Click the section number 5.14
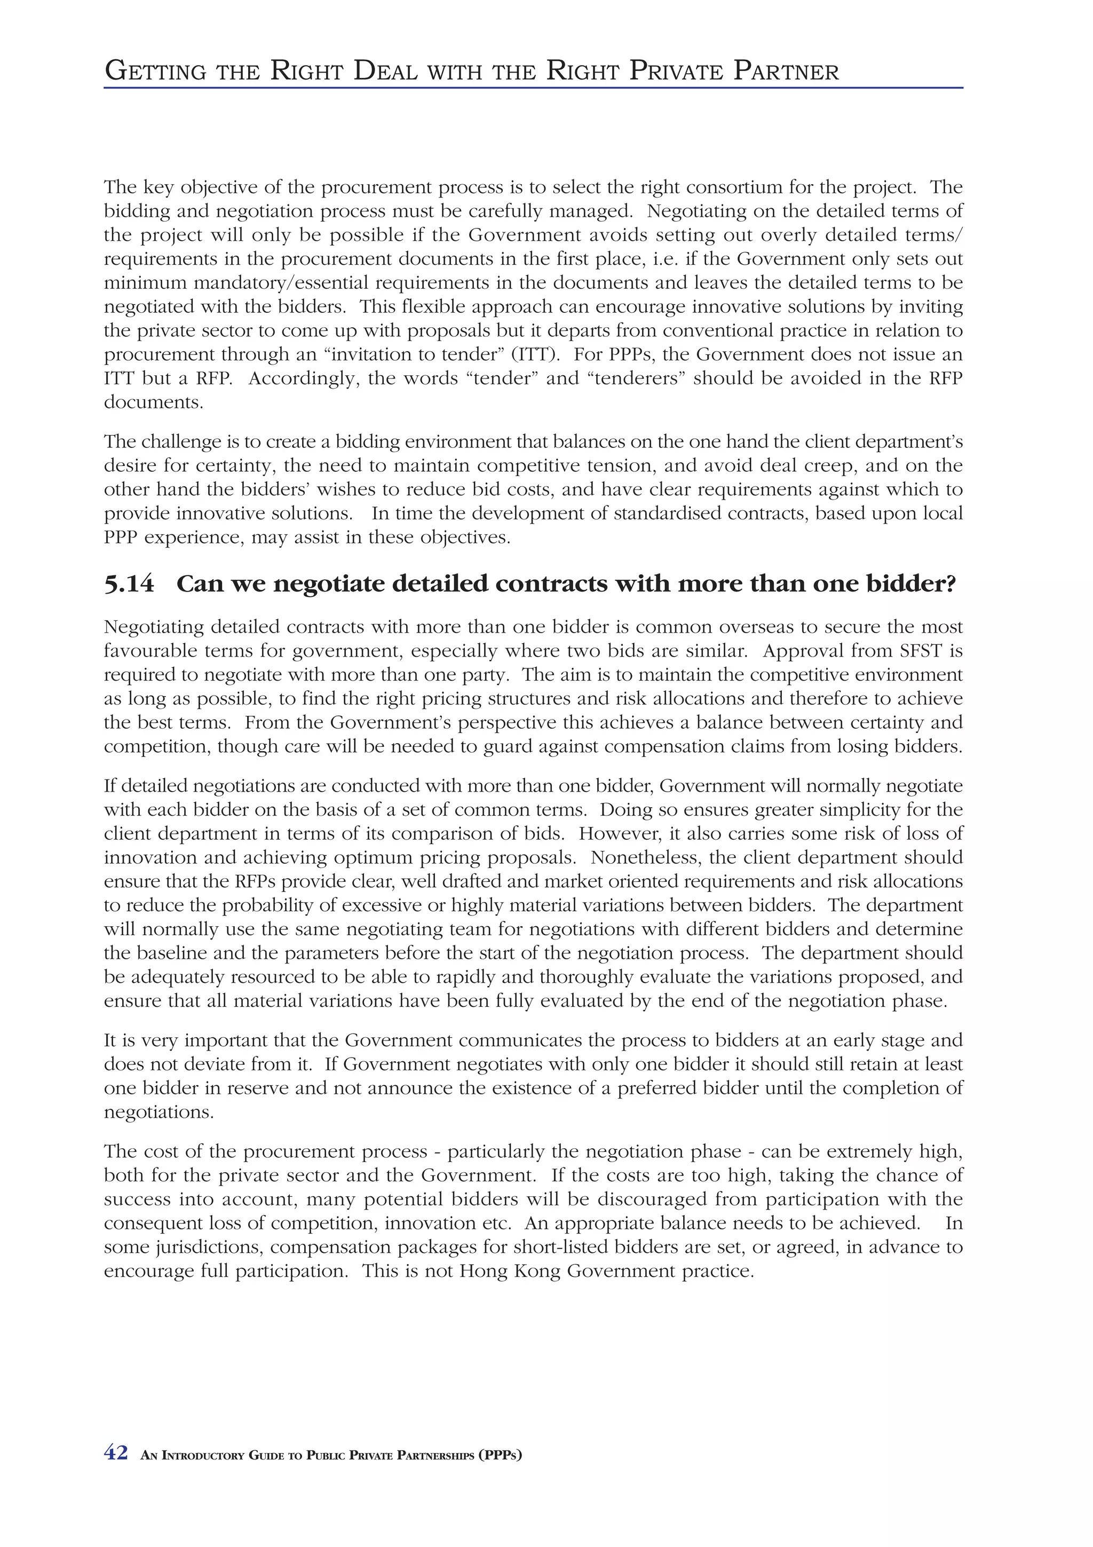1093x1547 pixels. pyautogui.click(x=129, y=584)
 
